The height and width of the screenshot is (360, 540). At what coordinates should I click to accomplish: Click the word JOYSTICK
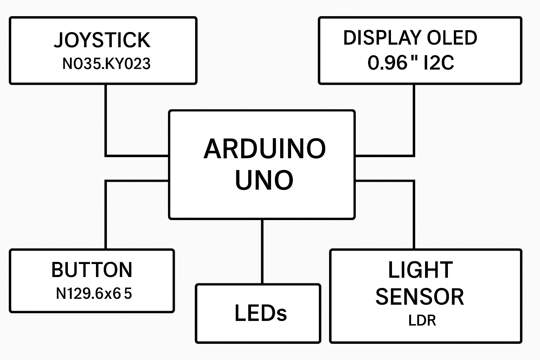pos(102,40)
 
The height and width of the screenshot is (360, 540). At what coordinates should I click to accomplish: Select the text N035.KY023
pos(107,64)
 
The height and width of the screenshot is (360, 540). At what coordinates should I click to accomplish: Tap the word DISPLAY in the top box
pos(382,38)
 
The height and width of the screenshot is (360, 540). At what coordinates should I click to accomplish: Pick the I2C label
pos(439,63)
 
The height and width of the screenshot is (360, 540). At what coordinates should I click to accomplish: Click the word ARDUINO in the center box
pos(264,149)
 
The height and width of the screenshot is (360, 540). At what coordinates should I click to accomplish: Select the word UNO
pos(264,180)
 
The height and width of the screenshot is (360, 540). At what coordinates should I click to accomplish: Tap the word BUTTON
pos(92,270)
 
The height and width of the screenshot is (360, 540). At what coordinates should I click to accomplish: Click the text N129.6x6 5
pos(94,293)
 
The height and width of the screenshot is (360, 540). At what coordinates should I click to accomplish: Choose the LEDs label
pos(261,313)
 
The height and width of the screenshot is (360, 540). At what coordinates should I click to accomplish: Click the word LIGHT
pos(420,270)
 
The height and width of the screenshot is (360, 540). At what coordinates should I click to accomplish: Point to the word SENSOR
pos(420,297)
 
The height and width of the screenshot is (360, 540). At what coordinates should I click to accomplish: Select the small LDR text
pos(422,321)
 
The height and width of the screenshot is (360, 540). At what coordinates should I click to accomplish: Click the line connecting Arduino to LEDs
pos(262,251)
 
